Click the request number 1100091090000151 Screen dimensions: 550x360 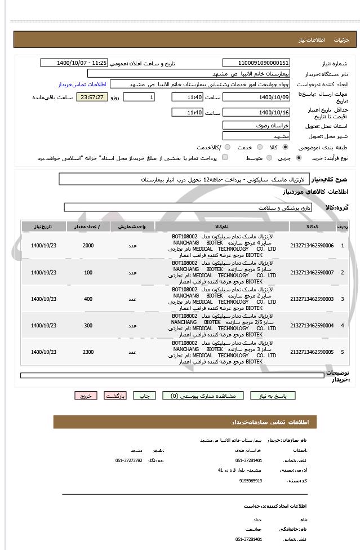pyautogui.click(x=256, y=63)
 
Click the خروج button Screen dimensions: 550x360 pyautogui.click(x=85, y=396)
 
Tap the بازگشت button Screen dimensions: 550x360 pyautogui.click(x=115, y=396)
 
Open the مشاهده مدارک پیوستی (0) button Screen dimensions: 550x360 pyautogui.click(x=203, y=396)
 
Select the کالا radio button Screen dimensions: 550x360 pyautogui.click(x=285, y=147)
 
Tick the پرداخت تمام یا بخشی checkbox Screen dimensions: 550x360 pyautogui.click(x=225, y=158)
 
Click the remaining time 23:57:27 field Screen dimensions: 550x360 pyautogui.click(x=92, y=97)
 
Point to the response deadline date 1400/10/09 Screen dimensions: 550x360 pyautogui.click(x=256, y=97)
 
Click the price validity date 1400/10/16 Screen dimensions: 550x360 pyautogui.click(x=256, y=113)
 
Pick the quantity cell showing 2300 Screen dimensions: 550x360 pyautogui.click(x=88, y=352)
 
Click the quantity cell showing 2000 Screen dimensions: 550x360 pyautogui.click(x=88, y=246)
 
